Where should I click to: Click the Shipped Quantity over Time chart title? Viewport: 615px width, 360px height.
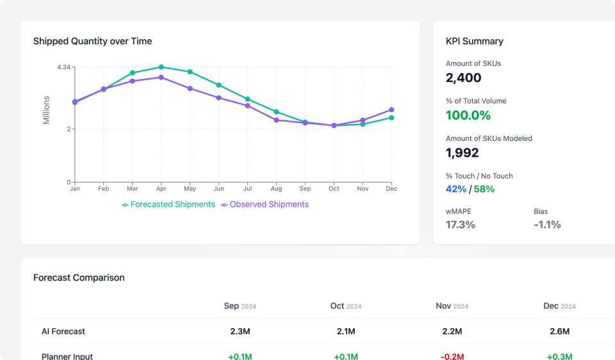[x=92, y=41]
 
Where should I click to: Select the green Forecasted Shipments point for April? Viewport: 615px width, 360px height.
[x=161, y=67]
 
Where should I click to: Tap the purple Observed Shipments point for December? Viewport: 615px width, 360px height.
[x=391, y=110]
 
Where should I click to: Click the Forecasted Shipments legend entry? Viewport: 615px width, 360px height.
[x=168, y=204]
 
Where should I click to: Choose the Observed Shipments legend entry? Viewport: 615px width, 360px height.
[x=265, y=204]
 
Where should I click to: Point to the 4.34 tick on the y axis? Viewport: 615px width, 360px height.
[x=63, y=67]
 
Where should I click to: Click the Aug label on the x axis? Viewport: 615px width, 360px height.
[x=276, y=189]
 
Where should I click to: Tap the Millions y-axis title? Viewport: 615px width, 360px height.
[x=46, y=110]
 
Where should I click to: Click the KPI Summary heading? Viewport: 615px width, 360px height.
[x=474, y=41]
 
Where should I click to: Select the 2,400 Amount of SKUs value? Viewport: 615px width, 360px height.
[x=463, y=78]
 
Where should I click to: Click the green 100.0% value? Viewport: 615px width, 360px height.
[x=468, y=115]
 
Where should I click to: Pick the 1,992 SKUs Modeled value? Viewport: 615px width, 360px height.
[x=462, y=152]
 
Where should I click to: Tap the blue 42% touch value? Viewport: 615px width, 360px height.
[x=455, y=189]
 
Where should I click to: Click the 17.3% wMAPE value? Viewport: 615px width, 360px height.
[x=460, y=224]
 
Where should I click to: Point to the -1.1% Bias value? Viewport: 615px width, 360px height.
[x=547, y=224]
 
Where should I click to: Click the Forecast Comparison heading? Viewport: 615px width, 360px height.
[x=79, y=277]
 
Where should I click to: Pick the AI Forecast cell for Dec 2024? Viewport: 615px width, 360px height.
[x=559, y=331]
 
